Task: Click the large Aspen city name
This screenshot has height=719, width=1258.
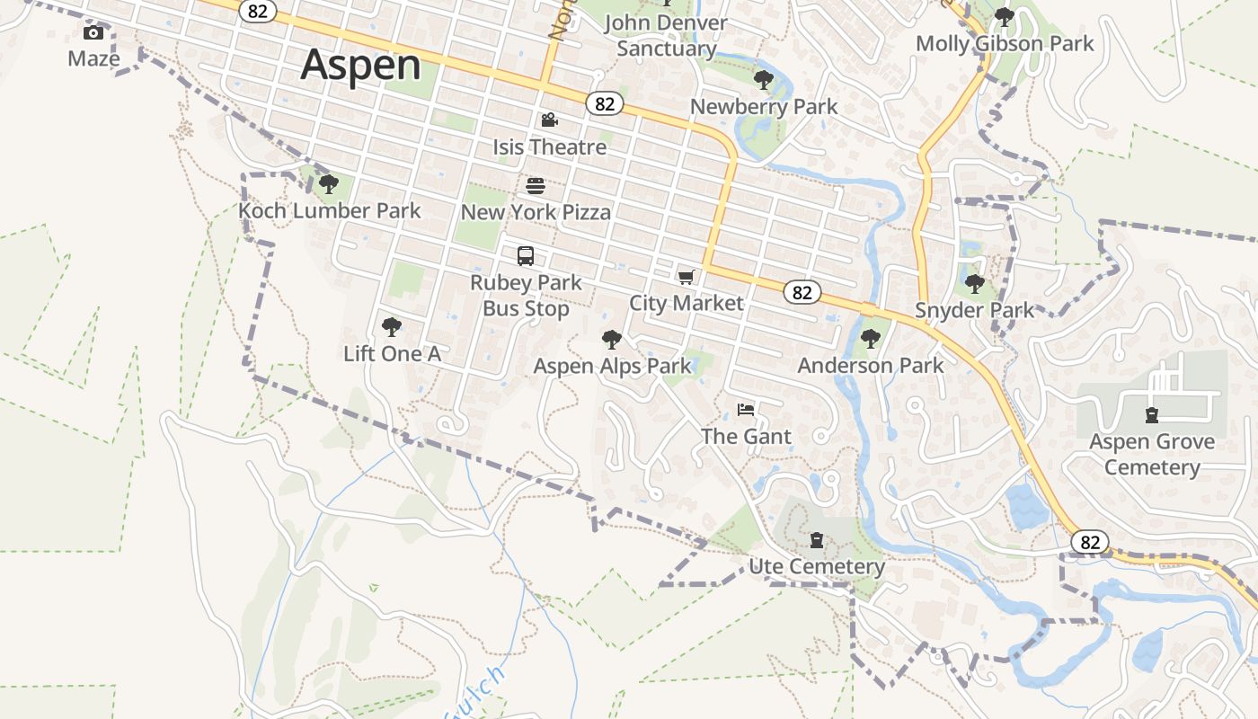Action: click(360, 66)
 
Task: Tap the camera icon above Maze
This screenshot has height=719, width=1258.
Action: click(93, 33)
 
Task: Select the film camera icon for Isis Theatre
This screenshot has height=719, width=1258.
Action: click(549, 120)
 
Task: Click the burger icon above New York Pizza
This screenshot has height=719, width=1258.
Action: click(536, 186)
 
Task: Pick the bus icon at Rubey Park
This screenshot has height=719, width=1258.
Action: click(526, 256)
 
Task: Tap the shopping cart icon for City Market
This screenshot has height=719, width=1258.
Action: click(687, 277)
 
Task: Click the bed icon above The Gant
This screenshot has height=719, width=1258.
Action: click(746, 410)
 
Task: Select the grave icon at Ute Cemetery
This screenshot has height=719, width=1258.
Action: click(816, 540)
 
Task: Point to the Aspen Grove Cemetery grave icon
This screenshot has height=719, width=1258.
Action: click(1151, 415)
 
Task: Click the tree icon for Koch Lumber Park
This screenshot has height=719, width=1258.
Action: click(328, 185)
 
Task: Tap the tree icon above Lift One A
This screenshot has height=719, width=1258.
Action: click(391, 327)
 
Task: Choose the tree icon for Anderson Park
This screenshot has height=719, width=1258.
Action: click(870, 339)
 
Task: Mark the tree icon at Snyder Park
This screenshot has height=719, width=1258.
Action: click(974, 285)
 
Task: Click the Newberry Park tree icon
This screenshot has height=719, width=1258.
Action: click(763, 80)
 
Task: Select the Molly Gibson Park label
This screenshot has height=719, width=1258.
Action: click(1005, 43)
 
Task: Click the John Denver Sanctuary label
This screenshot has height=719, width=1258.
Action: click(666, 36)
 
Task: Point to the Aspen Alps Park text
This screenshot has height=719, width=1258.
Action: click(612, 366)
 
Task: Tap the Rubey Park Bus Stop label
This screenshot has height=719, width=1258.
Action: click(526, 296)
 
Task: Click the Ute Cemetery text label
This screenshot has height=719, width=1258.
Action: click(817, 567)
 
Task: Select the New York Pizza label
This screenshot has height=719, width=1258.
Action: click(536, 212)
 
